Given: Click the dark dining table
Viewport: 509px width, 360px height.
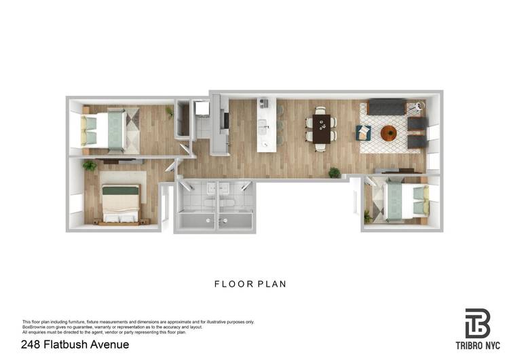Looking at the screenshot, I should pos(321,127).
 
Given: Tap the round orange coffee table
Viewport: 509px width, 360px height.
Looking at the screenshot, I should pos(389,133).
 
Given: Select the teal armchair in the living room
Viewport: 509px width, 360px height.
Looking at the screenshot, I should pos(363,132).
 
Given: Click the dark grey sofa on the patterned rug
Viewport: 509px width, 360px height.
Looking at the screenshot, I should pos(386,107).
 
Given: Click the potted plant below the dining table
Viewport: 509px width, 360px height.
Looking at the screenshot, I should pos(334,173).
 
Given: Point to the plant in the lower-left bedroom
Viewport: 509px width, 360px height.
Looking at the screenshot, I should pos(89,165).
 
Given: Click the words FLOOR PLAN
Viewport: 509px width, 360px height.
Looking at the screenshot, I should pos(250,284).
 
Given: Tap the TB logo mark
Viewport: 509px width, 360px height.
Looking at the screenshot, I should pos(477,323).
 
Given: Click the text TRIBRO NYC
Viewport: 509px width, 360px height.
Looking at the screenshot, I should pos(477,346).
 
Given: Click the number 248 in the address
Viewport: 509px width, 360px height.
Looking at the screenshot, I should pos(31,344).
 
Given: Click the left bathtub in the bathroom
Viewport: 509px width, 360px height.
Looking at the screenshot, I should pos(197,220).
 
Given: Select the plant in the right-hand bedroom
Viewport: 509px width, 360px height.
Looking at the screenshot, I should pos(368,217).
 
